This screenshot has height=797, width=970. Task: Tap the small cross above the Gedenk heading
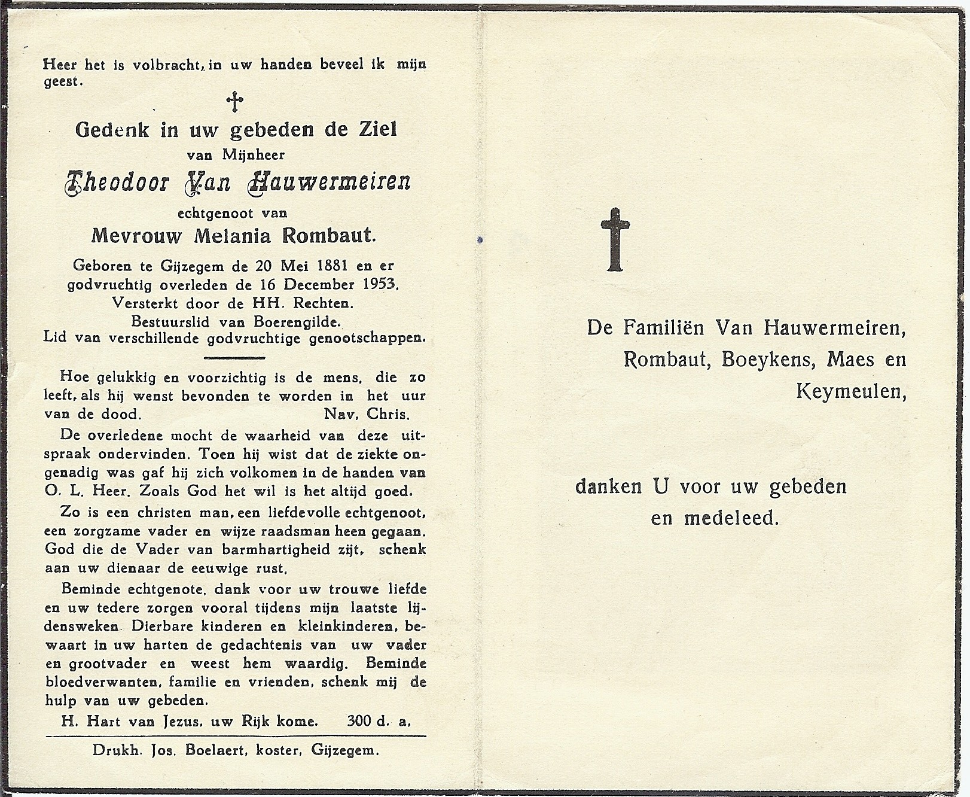[235, 102]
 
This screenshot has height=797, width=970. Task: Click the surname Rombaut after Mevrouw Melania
[338, 236]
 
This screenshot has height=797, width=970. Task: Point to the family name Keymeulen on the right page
[849, 391]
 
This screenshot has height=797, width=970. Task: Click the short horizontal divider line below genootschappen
[234, 358]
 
